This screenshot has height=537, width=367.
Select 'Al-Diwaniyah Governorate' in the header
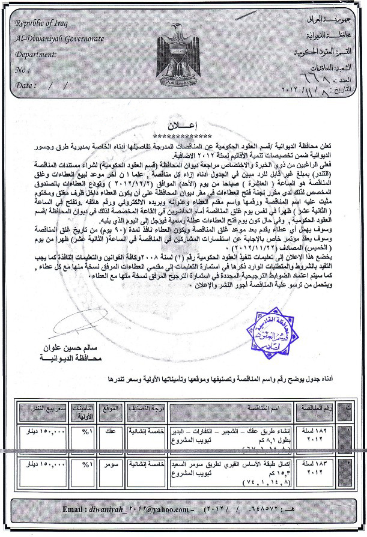coord(60,38)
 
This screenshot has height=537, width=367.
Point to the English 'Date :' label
coord(26,85)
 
